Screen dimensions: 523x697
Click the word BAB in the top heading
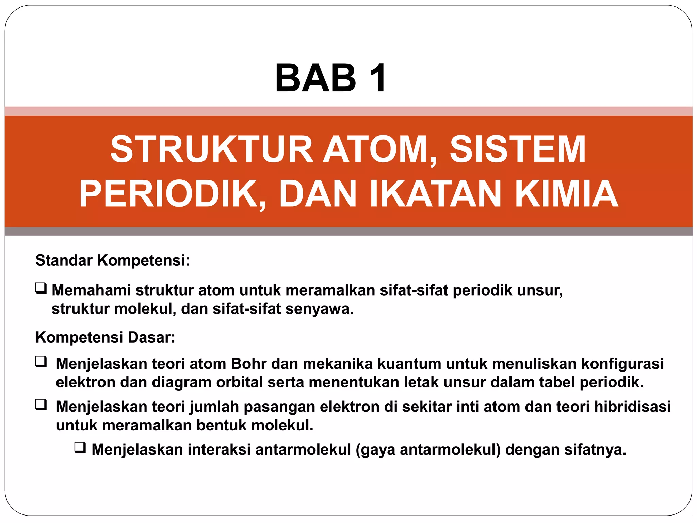coord(315,78)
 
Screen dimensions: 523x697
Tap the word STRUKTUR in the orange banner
coord(211,149)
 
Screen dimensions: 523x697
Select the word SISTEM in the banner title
coord(518,149)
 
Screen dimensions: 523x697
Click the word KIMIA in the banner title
coord(566,194)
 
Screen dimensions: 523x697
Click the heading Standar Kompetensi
coord(113,260)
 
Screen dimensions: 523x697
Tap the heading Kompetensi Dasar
coord(105,337)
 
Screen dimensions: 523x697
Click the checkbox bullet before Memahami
coord(41,289)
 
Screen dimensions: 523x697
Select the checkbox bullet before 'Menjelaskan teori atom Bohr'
coord(41,362)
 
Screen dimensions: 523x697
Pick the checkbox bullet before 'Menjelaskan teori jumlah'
coord(41,405)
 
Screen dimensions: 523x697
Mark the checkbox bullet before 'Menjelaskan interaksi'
coord(80,448)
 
